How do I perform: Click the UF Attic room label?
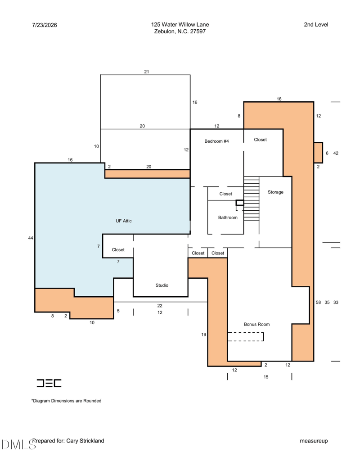pyautogui.click(x=124, y=221)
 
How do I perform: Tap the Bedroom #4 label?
pyautogui.click(x=216, y=141)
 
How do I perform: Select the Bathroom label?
pyautogui.click(x=228, y=217)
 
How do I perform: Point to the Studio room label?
pyautogui.click(x=162, y=285)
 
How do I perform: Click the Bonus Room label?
pyautogui.click(x=257, y=324)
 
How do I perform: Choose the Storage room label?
pyautogui.click(x=276, y=192)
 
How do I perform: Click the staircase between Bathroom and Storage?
pyautogui.click(x=251, y=199)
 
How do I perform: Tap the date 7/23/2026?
pyautogui.click(x=45, y=25)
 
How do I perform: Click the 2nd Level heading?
pyautogui.click(x=316, y=25)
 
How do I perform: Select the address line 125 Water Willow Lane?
pyautogui.click(x=180, y=25)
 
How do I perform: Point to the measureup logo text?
pyautogui.click(x=314, y=441)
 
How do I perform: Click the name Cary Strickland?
pyautogui.click(x=85, y=441)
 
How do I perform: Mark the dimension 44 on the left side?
pyautogui.click(x=31, y=238)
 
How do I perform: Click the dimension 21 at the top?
pyautogui.click(x=146, y=72)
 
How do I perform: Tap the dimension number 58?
pyautogui.click(x=319, y=302)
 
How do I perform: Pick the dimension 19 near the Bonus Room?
pyautogui.click(x=203, y=335)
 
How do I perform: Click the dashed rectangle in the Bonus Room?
pyautogui.click(x=246, y=337)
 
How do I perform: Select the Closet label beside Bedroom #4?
pyautogui.click(x=260, y=140)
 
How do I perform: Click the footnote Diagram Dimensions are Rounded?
pyautogui.click(x=66, y=401)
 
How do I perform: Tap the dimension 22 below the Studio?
pyautogui.click(x=160, y=306)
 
